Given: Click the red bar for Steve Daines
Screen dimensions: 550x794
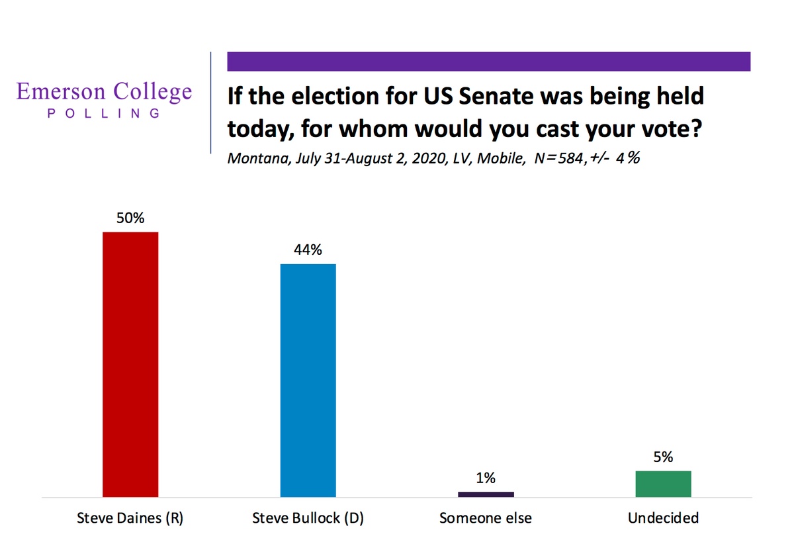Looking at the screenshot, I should tap(130, 364).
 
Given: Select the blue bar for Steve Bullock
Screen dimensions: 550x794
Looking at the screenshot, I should tap(308, 380).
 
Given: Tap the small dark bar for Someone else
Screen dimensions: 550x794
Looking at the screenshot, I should tap(486, 494).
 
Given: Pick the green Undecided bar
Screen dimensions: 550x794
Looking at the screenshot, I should tap(663, 483).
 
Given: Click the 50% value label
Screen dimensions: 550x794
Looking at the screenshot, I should tap(130, 218).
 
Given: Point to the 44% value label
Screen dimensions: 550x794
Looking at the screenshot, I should tap(308, 250).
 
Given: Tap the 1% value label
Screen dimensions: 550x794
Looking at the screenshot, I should tap(486, 478).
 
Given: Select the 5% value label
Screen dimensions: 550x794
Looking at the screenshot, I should tap(663, 457).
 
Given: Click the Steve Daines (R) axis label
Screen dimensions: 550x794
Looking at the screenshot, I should tap(130, 518).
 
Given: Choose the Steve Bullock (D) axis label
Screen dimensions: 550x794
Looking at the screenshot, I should tap(308, 518).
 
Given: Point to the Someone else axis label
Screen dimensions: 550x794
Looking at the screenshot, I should tap(486, 518).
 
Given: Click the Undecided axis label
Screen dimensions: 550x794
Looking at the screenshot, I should tap(663, 518).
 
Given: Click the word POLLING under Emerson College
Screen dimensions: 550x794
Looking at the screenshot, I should tap(104, 113).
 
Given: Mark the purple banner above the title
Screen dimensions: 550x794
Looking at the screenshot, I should tap(488, 61).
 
